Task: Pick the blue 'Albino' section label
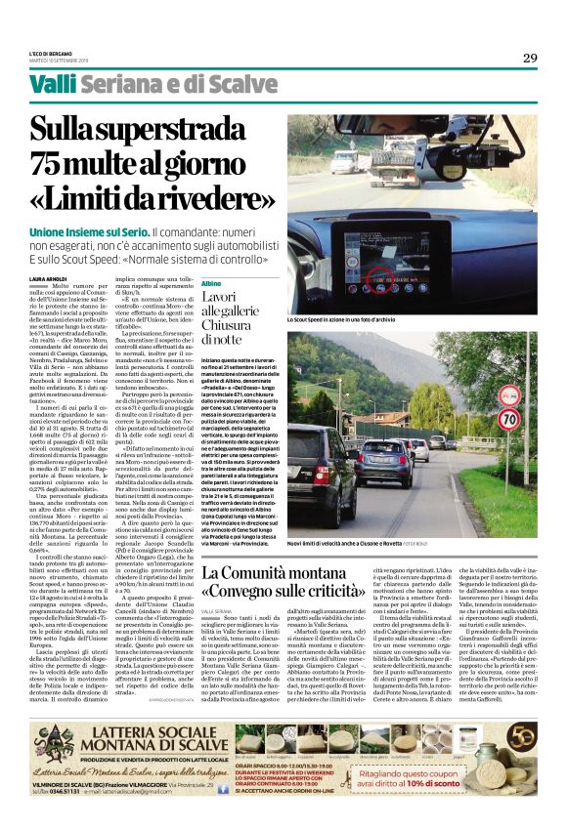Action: coord(213,283)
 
